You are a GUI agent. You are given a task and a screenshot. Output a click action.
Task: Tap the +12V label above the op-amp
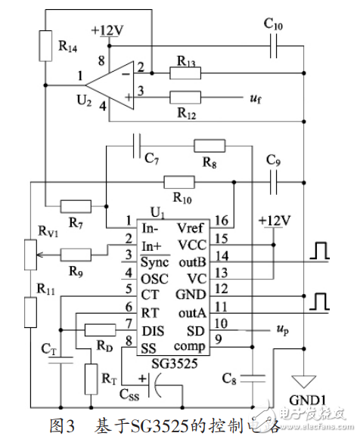108,30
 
